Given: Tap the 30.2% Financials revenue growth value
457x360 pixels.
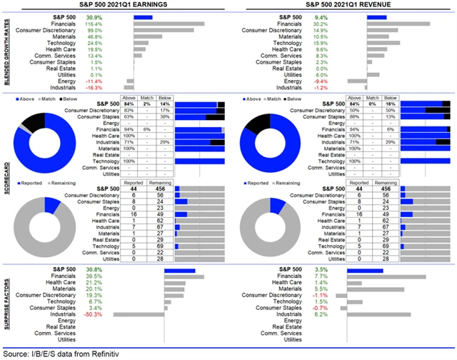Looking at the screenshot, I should coord(341,24).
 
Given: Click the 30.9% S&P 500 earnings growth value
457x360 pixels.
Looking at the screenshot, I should coord(114,16).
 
